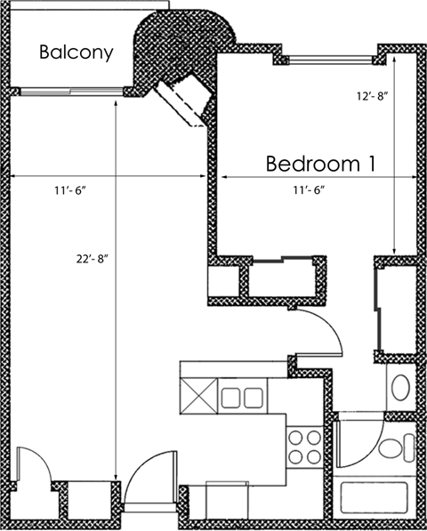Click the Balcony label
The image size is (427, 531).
(76, 52)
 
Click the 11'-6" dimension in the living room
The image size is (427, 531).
(69, 189)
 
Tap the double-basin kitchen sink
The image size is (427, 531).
(241, 394)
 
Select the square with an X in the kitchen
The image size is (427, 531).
(197, 393)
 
